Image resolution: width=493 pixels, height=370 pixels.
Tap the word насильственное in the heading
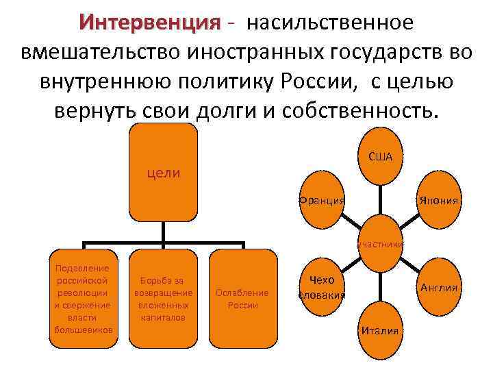[x=331, y=23]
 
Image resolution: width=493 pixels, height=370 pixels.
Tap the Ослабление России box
[x=242, y=297]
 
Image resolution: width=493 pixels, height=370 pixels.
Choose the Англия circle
[x=438, y=288]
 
